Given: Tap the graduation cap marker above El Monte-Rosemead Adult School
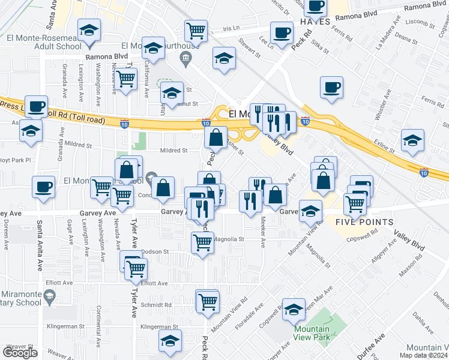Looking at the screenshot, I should (x=89, y=30).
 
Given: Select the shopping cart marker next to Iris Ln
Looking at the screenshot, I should (x=196, y=31).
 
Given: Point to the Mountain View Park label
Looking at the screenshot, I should (x=312, y=332).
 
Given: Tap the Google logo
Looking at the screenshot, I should (x=20, y=353).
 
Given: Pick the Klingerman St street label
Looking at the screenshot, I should (x=160, y=326).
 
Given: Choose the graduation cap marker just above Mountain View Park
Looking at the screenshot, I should (x=294, y=310).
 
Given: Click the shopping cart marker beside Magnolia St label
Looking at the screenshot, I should (x=202, y=243).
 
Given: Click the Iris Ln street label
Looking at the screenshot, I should (x=231, y=28).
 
